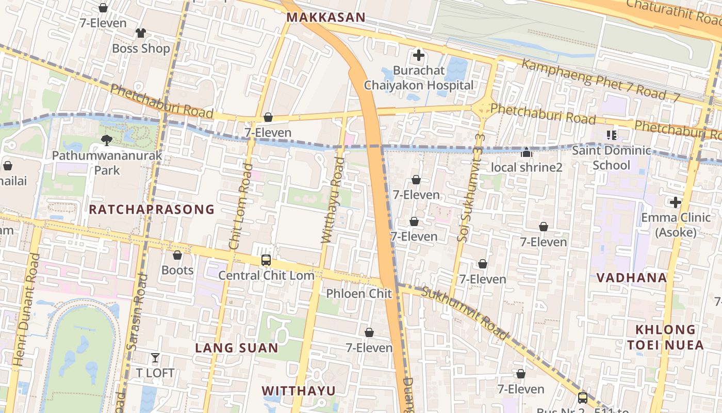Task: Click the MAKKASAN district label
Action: pyautogui.click(x=325, y=18)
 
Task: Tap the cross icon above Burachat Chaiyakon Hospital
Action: pyautogui.click(x=419, y=55)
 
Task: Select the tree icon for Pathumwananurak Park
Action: pyautogui.click(x=107, y=140)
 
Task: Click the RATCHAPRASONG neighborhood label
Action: pyautogui.click(x=151, y=209)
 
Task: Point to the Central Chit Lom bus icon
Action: pyautogui.click(x=266, y=260)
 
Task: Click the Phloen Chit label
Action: pyautogui.click(x=359, y=294)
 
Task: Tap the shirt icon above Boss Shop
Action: pyautogui.click(x=141, y=33)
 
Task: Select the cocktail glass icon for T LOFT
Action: pyautogui.click(x=155, y=357)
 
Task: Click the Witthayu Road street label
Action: pyautogui.click(x=333, y=200)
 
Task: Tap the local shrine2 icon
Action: pyautogui.click(x=526, y=152)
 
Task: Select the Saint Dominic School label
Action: pyautogui.click(x=611, y=157)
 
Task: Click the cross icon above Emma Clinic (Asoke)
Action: pyautogui.click(x=675, y=202)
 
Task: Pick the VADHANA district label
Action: pyautogui.click(x=631, y=278)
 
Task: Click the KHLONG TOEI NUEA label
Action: pyautogui.click(x=665, y=337)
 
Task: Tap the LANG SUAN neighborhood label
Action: pyautogui.click(x=236, y=348)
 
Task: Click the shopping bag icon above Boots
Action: pyautogui.click(x=177, y=255)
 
